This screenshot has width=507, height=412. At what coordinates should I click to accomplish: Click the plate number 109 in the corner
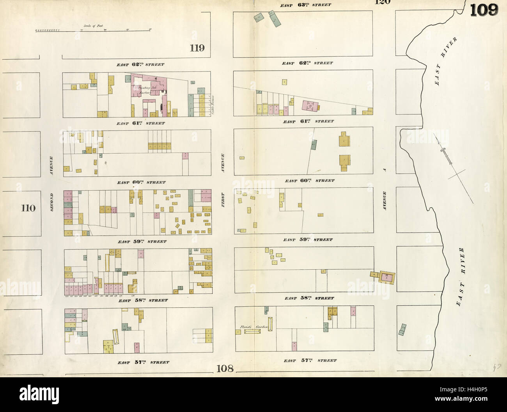484,10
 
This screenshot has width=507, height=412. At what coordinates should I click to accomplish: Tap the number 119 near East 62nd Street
197,48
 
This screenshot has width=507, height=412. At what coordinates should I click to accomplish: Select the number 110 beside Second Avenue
28,208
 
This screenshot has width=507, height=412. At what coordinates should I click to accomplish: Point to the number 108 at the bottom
225,368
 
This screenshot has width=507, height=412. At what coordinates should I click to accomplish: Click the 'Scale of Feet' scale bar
93,29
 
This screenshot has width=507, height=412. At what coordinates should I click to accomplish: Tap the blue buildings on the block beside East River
402,330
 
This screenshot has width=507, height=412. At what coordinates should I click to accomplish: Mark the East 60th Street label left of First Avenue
141,182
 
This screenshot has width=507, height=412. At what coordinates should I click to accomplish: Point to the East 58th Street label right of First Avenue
309,298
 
